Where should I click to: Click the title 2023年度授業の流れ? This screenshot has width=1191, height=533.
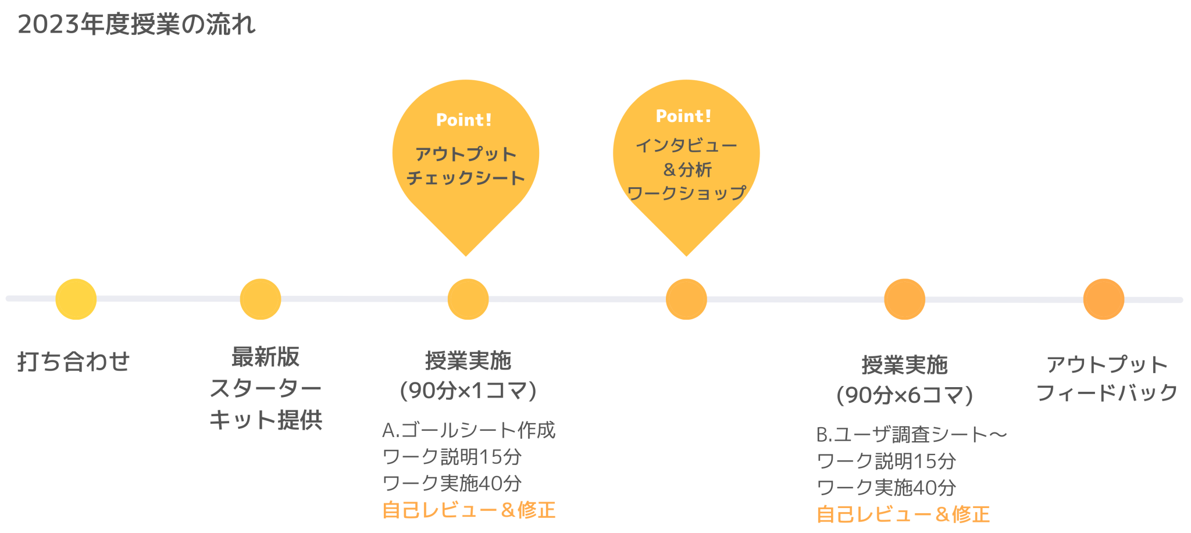(x=137, y=25)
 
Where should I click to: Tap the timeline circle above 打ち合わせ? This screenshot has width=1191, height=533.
(x=76, y=299)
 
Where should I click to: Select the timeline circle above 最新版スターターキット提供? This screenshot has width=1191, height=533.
(x=261, y=299)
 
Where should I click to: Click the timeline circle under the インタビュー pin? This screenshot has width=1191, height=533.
(x=686, y=299)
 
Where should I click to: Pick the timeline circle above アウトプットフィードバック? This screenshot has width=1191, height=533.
(x=1103, y=299)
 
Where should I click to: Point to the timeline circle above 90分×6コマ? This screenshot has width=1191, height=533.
(x=904, y=299)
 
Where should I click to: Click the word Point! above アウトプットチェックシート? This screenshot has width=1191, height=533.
(x=464, y=120)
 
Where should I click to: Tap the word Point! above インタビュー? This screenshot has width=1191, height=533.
(x=684, y=116)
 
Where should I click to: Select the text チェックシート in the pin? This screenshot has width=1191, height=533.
(x=465, y=178)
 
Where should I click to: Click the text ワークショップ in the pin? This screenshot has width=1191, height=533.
(x=686, y=193)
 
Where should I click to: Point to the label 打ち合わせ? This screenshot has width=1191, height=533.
(x=73, y=362)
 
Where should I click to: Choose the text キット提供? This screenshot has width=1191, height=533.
(x=265, y=420)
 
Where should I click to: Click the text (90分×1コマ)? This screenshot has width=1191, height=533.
(x=468, y=391)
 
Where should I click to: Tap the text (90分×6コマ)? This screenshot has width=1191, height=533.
(x=904, y=395)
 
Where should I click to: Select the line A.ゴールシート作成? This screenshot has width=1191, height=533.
(x=469, y=430)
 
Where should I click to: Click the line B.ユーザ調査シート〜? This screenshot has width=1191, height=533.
(x=911, y=434)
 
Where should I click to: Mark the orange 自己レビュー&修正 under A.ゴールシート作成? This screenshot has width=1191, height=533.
(x=469, y=510)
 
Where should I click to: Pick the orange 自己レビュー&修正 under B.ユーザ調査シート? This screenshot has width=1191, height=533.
(x=903, y=514)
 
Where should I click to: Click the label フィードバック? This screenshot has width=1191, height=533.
(x=1107, y=393)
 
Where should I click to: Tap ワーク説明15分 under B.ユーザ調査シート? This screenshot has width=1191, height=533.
(x=887, y=461)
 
